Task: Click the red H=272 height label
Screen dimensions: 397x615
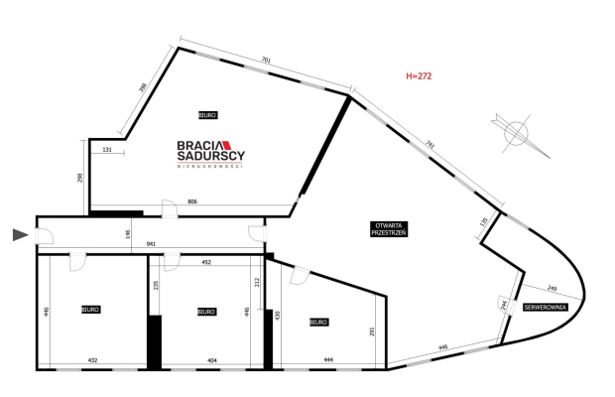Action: tap(419, 75)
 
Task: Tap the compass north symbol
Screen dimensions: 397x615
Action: tap(518, 132)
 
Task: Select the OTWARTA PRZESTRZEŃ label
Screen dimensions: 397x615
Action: tap(389, 227)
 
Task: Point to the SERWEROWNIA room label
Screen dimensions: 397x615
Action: tap(546, 308)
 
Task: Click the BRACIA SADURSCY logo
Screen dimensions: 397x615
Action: tap(210, 151)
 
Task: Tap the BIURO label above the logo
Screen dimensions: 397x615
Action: tap(207, 116)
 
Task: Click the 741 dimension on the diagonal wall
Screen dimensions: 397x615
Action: tap(430, 145)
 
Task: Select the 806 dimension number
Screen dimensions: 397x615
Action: tap(193, 202)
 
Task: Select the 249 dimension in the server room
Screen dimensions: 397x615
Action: tap(552, 288)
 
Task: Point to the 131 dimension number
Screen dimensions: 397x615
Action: tap(108, 151)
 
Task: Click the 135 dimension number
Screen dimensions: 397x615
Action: tap(483, 222)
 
